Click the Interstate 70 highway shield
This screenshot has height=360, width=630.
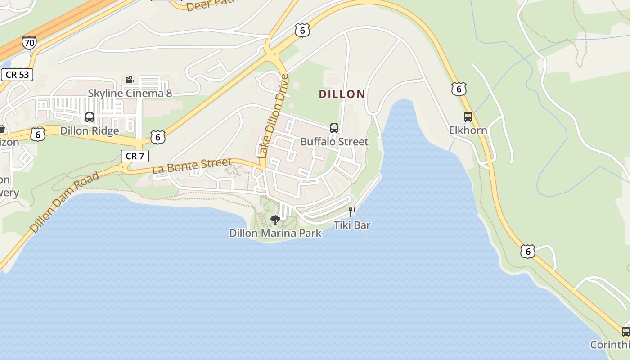[29, 43]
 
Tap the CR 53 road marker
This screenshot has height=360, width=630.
[17, 75]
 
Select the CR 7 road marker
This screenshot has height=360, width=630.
[135, 156]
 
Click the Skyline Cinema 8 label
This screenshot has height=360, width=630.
[130, 94]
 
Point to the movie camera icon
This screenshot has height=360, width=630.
[130, 80]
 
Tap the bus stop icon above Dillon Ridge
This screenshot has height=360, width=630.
[90, 118]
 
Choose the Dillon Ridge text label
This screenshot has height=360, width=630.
[90, 131]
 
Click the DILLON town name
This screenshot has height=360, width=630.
[342, 94]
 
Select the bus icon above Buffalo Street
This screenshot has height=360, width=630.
[334, 128]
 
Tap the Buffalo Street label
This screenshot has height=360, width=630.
[334, 142]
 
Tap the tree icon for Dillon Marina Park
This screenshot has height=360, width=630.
[275, 220]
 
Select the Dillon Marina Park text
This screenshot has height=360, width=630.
[275, 233]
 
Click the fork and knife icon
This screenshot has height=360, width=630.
[352, 212]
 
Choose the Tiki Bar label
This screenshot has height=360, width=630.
[352, 225]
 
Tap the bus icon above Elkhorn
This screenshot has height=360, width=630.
[468, 117]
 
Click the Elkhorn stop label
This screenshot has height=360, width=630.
[468, 130]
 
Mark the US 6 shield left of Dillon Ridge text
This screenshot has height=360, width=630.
[38, 134]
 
